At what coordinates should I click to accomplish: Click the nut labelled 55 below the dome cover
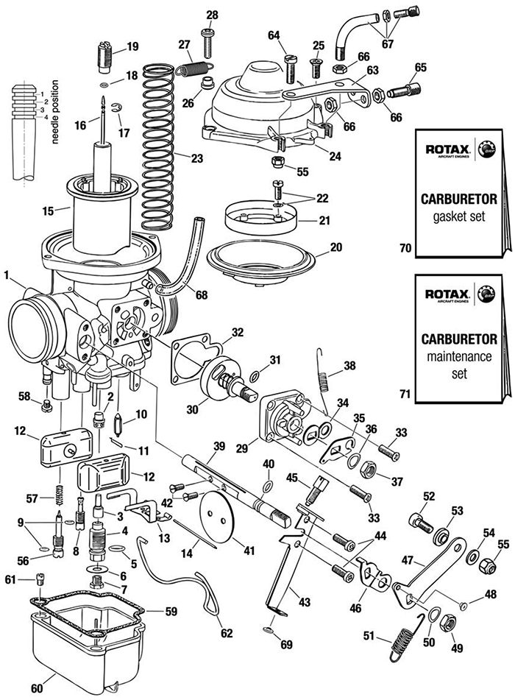(x=278, y=161)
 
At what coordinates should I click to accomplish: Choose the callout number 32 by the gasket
(x=237, y=332)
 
